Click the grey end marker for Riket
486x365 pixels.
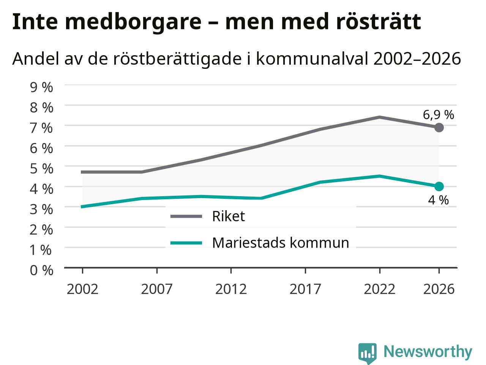pos(439,127)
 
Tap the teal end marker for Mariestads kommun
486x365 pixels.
pos(439,186)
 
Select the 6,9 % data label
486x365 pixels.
pos(438,115)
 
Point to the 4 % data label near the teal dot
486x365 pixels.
pos(438,200)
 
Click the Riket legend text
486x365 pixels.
pos(228,216)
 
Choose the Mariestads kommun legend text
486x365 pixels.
pos(281,243)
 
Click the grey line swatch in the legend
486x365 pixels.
pos(186,216)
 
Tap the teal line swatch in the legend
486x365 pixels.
pos(186,243)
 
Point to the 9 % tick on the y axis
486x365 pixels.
pos(41,87)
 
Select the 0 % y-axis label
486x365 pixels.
pos(41,270)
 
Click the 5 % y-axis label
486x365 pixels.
pos(41,168)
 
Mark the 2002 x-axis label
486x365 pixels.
pos(82,289)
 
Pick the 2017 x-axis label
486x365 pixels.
pos(305,289)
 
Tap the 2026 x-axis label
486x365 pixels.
pos(439,289)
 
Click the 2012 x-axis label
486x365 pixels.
pos(231,289)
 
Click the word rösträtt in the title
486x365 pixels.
pos(378,21)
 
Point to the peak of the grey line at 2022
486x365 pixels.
pos(380,117)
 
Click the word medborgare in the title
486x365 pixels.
pos(133,22)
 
